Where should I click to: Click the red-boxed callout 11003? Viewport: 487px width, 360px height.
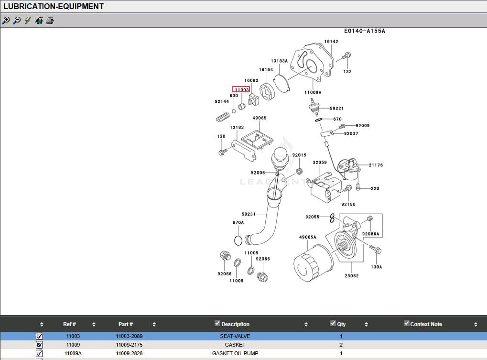tap(241, 89)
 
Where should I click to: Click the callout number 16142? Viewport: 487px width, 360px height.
tap(331, 42)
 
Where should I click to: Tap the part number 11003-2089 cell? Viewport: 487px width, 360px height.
tap(129, 336)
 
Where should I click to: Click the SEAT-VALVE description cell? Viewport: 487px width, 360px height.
tap(235, 336)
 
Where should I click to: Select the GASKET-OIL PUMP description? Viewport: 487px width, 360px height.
tap(235, 353)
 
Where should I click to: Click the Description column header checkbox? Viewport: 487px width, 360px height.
tap(217, 323)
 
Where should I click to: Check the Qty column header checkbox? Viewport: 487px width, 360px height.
tap(333, 323)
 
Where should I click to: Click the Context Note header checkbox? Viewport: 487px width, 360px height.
tap(407, 323)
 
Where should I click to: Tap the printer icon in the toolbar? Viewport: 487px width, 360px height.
tap(50, 21)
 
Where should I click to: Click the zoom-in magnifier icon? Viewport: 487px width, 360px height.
tap(6, 21)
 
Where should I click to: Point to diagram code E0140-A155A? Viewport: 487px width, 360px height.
tap(364, 31)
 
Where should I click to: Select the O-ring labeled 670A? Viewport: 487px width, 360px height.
tap(238, 239)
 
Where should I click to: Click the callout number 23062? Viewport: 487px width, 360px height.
tap(351, 276)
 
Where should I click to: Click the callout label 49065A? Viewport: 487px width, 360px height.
tap(307, 237)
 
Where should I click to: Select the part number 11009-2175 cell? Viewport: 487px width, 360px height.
tap(129, 345)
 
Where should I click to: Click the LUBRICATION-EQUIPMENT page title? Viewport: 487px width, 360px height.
tap(54, 7)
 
